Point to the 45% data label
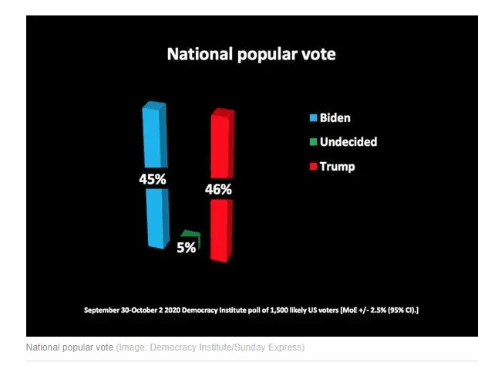(x=153, y=179)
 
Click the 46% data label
(x=218, y=189)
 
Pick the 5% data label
(x=186, y=248)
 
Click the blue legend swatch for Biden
(x=313, y=118)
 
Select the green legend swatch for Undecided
(x=313, y=142)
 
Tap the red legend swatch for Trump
(x=313, y=166)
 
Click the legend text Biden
(x=335, y=118)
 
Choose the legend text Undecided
(x=348, y=142)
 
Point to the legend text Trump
(x=337, y=166)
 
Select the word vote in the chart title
(x=318, y=55)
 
